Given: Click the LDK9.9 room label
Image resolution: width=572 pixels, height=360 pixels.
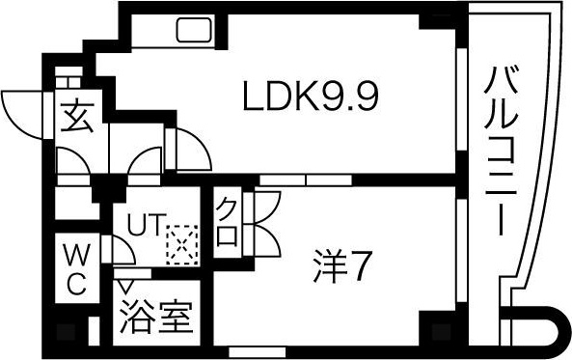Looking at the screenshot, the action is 308,97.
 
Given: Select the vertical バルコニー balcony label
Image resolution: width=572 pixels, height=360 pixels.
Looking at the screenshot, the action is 503,150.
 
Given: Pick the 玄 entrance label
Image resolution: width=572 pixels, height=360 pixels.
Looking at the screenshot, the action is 76,119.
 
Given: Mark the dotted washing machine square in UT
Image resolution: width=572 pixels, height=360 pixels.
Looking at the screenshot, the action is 179,245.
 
